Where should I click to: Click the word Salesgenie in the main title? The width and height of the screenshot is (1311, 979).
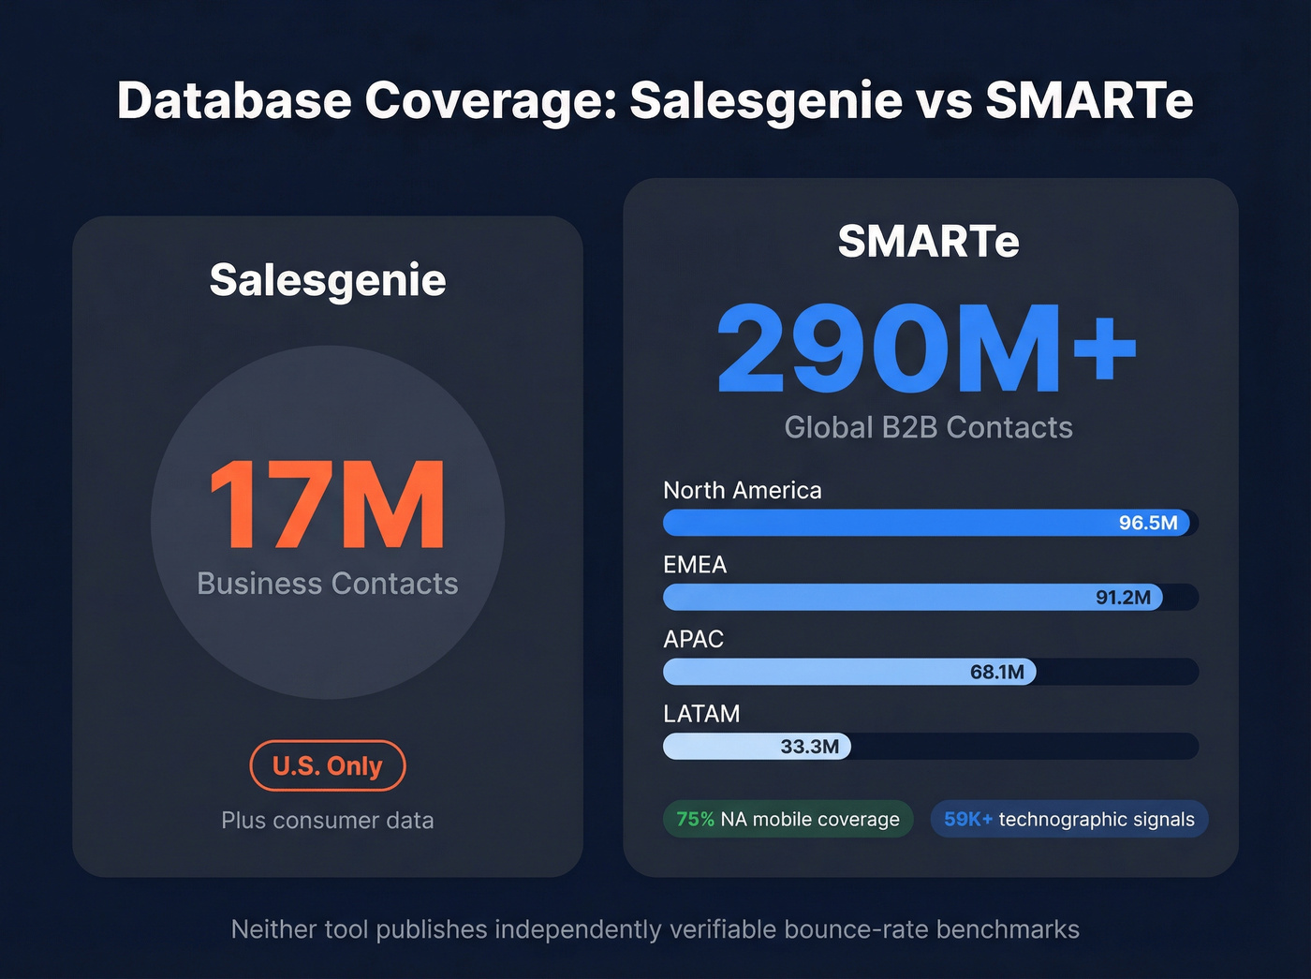click(766, 100)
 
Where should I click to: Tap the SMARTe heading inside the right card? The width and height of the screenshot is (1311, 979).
click(928, 242)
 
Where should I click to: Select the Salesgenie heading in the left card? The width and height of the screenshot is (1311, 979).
click(328, 280)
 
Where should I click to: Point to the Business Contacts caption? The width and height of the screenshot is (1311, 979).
click(328, 584)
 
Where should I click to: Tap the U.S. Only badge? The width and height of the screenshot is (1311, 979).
click(328, 765)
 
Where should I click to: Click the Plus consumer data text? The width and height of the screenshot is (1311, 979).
click(328, 821)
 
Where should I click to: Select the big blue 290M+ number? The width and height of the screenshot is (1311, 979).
click(926, 349)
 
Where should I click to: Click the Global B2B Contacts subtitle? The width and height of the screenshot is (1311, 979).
click(928, 427)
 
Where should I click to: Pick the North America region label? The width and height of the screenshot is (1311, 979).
click(742, 490)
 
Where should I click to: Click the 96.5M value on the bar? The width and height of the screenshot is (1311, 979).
click(1148, 523)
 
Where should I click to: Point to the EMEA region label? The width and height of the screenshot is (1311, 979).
click(695, 565)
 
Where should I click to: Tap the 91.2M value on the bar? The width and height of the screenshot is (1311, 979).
click(1123, 598)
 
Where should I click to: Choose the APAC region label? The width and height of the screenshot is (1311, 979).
click(693, 639)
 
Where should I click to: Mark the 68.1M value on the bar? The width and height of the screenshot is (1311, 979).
click(996, 672)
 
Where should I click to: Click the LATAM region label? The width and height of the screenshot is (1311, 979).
click(701, 714)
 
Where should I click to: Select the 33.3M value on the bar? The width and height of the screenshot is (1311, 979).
click(809, 747)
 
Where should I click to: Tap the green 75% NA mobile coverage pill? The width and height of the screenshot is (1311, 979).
click(788, 820)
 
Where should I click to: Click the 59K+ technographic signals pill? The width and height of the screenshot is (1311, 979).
click(1068, 820)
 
